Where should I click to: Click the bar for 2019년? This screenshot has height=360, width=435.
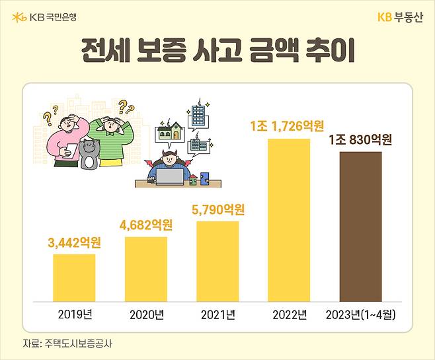coord(74,277)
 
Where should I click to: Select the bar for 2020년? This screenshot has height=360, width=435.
coord(145,268)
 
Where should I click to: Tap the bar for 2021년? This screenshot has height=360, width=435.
coord(217,261)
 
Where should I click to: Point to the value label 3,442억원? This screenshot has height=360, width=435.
coord(75,242)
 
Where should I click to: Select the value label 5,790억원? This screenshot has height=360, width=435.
coord(217,211)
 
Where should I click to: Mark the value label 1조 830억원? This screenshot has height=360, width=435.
coord(360,140)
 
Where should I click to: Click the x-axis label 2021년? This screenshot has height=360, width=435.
coord(217,314)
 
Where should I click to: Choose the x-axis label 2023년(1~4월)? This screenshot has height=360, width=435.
coord(360,314)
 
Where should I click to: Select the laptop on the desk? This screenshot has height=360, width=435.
coord(170,178)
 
